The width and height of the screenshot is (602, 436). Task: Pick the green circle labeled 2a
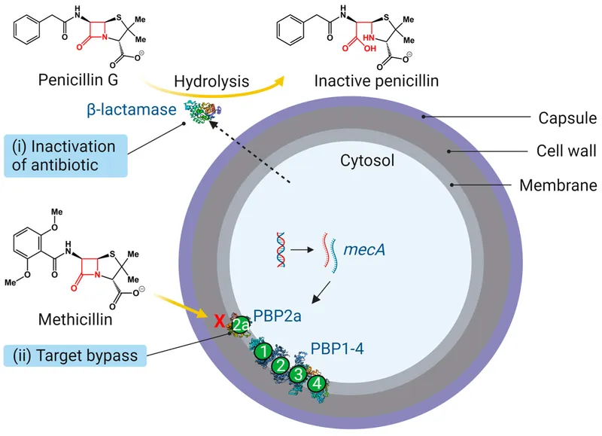click(x=240, y=325)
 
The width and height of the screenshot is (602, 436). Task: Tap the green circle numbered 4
click(x=318, y=384)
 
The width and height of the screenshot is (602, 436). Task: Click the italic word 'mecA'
click(x=364, y=246)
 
